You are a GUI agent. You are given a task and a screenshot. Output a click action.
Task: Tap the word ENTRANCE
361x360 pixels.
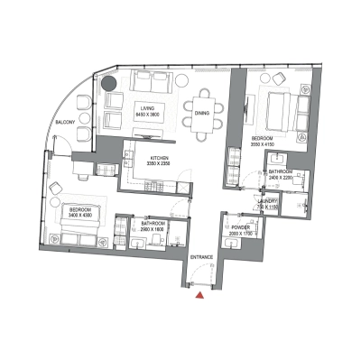point(200,257)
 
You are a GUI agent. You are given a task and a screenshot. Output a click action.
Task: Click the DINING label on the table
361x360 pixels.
point(202,113)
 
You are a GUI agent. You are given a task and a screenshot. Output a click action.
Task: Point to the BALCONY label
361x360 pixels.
point(64,120)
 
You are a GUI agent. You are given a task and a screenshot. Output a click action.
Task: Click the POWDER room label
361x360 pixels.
point(241,227)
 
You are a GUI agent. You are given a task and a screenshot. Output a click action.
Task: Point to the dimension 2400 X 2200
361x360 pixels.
point(284,179)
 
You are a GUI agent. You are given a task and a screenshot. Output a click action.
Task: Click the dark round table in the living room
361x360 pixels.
point(109,85)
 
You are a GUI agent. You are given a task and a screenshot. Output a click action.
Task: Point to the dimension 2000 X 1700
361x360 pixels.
point(241,234)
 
